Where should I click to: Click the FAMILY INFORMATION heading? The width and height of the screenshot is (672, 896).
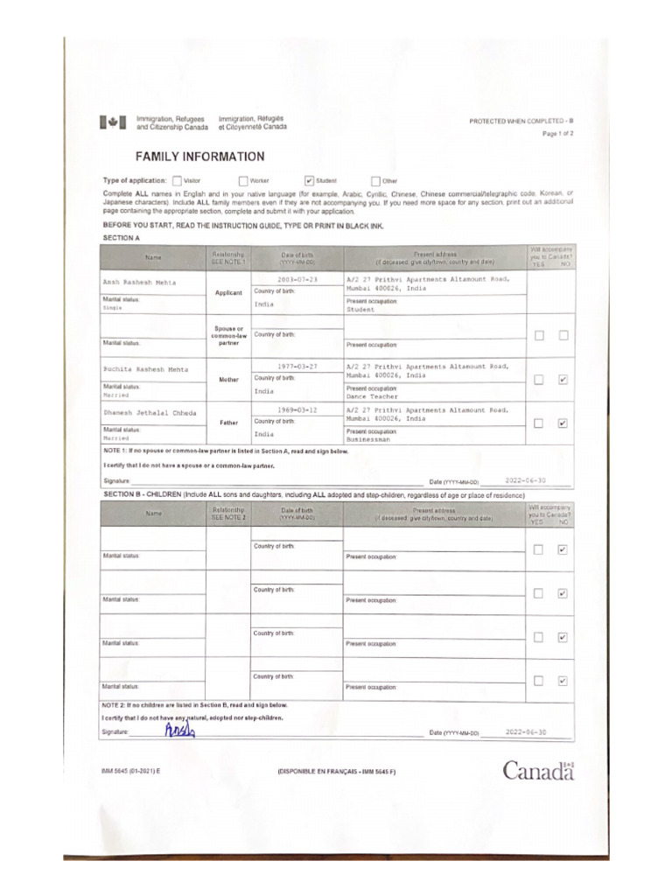click(199, 157)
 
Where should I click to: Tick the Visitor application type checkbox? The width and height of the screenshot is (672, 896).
click(178, 180)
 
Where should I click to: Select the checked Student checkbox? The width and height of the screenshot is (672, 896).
click(309, 180)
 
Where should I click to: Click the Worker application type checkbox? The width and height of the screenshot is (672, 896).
click(243, 180)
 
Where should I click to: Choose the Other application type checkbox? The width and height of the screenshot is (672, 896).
click(375, 180)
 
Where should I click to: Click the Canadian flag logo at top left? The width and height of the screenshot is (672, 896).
click(113, 123)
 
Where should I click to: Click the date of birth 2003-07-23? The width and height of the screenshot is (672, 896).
click(297, 278)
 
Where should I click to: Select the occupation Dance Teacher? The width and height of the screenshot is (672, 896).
click(372, 396)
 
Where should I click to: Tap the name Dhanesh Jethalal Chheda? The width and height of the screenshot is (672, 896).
click(149, 412)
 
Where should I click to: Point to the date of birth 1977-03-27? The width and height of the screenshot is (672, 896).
click(297, 367)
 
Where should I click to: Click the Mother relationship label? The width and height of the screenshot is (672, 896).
click(228, 381)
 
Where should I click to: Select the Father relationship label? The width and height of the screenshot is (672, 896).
click(228, 423)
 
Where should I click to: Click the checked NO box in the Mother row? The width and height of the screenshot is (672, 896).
click(563, 380)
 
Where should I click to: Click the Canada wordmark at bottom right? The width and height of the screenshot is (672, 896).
click(538, 771)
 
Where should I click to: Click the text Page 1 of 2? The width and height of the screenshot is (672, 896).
click(558, 134)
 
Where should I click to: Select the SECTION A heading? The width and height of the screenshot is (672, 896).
click(122, 238)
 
